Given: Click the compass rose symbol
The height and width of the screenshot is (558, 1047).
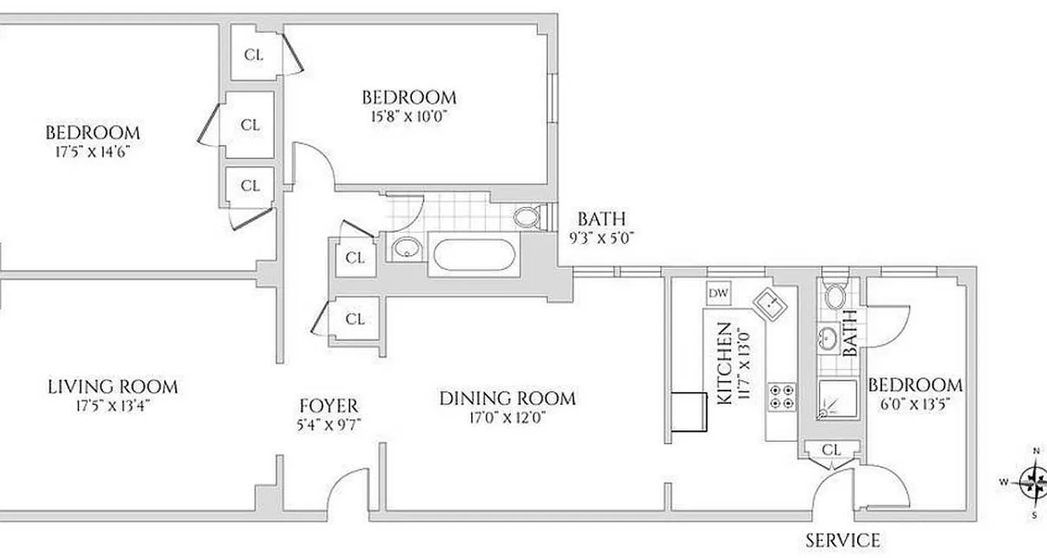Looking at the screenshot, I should (1032, 481).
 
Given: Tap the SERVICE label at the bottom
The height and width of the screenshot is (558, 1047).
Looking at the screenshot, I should (842, 540).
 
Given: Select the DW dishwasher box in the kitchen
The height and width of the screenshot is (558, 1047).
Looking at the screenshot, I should (718, 294).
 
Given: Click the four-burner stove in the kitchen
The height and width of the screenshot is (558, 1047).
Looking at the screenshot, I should (781, 396).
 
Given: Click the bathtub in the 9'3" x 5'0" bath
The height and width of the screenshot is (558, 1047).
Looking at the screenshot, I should (475, 255).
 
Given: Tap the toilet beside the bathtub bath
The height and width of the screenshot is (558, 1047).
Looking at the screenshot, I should (527, 216).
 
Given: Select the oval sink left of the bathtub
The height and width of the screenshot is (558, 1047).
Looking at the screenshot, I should (404, 248).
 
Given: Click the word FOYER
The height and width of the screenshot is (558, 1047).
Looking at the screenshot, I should (328, 405).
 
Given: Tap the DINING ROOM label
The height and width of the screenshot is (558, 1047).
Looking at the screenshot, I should (507, 398).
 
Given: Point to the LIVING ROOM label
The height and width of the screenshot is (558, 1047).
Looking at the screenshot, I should (112, 386).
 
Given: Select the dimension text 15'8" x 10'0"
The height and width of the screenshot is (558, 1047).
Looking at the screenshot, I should (408, 116).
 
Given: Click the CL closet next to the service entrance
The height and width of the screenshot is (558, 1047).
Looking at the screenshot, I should (831, 450).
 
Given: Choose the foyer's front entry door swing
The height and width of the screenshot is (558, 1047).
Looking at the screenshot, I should (349, 488).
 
